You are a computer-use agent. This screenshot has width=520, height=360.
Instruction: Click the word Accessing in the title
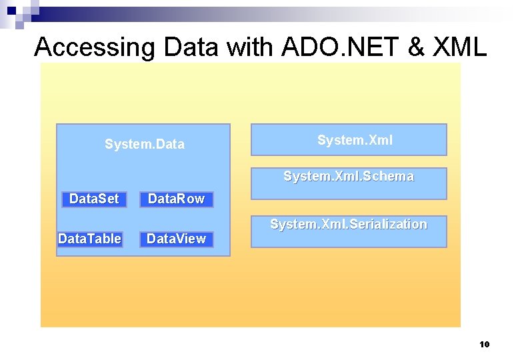pyautogui.click(x=93, y=47)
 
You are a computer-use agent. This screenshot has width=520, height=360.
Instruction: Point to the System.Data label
pyautogui.click(x=145, y=144)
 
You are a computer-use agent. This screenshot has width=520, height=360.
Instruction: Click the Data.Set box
pyautogui.click(x=94, y=199)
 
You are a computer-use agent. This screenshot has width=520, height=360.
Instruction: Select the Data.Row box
pyautogui.click(x=176, y=199)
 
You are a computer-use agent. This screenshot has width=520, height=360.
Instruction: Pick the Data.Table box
pyautogui.click(x=90, y=239)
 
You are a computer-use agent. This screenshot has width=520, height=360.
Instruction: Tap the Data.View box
pyautogui.click(x=176, y=239)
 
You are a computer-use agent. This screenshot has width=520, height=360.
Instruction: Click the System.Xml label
pyautogui.click(x=355, y=140)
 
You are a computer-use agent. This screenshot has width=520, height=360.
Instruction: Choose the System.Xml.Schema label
pyautogui.click(x=349, y=177)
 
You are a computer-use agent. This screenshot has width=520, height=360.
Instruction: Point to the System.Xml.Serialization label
pyautogui.click(x=349, y=225)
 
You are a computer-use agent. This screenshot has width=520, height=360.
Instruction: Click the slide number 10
pyautogui.click(x=485, y=345)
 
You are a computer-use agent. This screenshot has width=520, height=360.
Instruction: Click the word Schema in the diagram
pyautogui.click(x=393, y=177)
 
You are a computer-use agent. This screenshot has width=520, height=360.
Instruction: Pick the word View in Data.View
pyautogui.click(x=192, y=239)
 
